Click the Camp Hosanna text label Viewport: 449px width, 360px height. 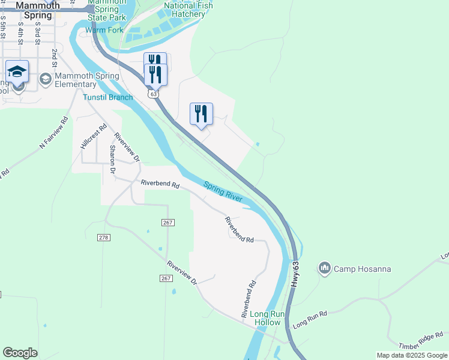pos(363,269)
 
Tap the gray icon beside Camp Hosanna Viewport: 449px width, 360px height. pos(325,268)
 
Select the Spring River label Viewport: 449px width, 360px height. pos(222,191)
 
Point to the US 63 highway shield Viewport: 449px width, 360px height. pos(154,94)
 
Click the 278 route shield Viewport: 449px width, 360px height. pos(104,238)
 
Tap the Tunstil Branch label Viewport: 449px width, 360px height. pos(108,97)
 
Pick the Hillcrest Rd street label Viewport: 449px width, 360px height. pos(93,136)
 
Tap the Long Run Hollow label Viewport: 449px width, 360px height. pos(265,318)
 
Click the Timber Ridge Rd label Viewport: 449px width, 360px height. pos(422,340)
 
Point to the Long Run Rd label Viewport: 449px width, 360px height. pos(310,320)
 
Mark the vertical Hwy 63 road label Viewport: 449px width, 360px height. pos(295,277)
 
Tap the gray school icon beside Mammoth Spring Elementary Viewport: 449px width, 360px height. pos(45,79)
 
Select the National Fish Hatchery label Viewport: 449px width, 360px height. pos(188,10)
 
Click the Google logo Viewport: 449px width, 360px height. pos(20,353)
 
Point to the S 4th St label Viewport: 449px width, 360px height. pos(20,29)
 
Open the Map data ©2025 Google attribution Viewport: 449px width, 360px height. pos(411,355)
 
